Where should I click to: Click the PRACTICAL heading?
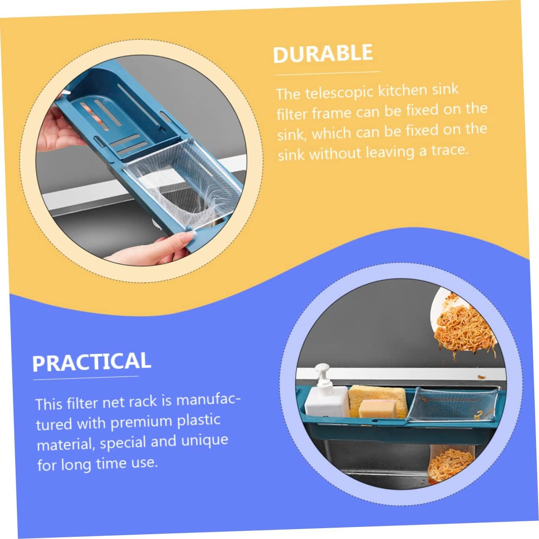[91, 362]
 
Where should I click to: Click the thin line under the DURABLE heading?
[327, 73]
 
